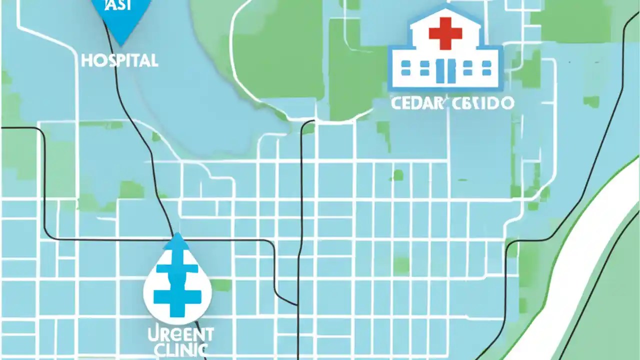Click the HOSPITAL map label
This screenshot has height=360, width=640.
[119, 61]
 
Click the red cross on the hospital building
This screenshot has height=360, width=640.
[445, 32]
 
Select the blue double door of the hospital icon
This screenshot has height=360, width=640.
[445, 70]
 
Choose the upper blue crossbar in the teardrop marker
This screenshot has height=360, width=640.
[177, 268]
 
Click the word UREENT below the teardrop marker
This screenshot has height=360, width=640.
[180, 334]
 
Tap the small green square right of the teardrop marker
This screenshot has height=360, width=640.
[220, 285]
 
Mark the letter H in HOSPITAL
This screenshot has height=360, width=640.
[86, 61]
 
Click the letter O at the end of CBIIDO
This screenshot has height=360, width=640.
[506, 103]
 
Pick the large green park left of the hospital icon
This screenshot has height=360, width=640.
[280, 55]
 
